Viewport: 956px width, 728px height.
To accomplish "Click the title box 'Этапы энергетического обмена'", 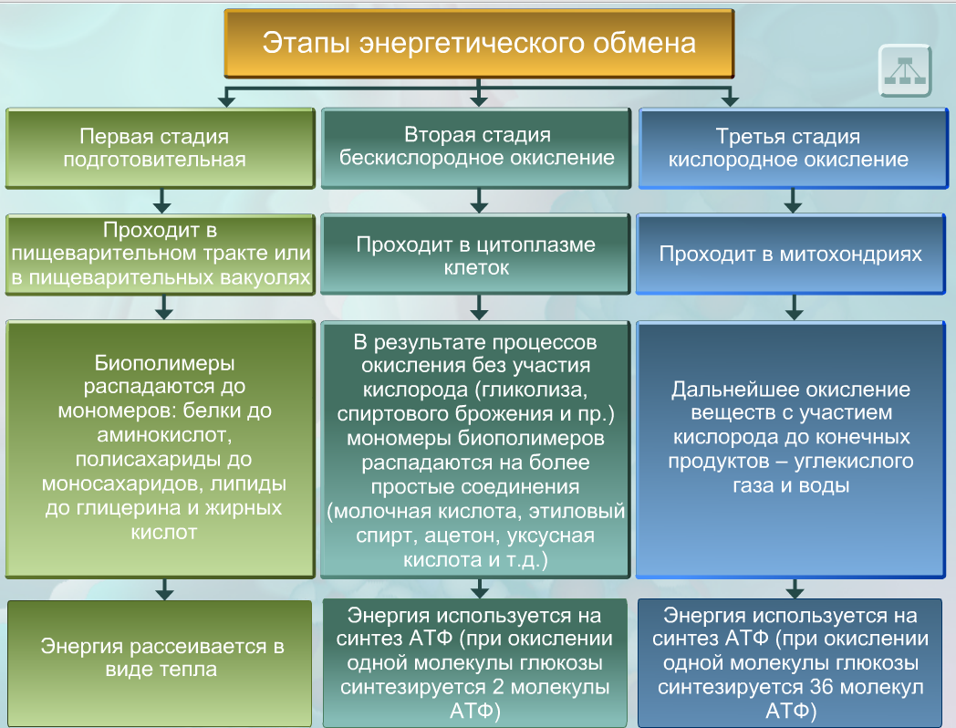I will (x=479, y=44).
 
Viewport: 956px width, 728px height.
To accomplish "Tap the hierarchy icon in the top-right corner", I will (x=904, y=69).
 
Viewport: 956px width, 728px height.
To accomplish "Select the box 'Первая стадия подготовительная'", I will (x=162, y=148).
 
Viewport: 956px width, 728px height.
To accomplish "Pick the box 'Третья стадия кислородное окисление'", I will (x=788, y=149).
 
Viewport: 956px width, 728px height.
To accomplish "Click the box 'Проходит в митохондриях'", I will (x=790, y=254).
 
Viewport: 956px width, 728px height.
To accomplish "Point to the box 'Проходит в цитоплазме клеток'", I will (x=475, y=255).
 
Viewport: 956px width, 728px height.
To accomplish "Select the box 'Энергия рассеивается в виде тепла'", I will (x=162, y=658).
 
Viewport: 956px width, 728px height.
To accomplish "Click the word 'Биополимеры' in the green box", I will (x=164, y=362).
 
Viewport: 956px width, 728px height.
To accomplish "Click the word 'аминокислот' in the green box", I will (x=164, y=435).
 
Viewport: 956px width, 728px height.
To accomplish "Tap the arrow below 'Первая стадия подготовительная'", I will (x=163, y=199).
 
